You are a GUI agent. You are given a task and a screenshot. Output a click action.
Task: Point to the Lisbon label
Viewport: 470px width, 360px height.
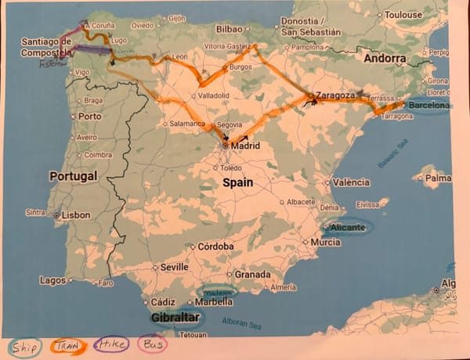(76, 214)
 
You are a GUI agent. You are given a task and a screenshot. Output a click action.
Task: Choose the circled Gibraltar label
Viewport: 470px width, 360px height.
(175, 317)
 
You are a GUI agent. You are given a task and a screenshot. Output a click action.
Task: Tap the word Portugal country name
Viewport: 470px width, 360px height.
(73, 176)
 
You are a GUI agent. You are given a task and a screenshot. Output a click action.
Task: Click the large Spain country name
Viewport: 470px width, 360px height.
(239, 182)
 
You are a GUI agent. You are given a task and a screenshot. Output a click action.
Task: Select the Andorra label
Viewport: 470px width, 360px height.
(385, 58)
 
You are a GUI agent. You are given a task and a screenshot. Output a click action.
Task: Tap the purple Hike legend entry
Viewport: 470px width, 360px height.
(112, 345)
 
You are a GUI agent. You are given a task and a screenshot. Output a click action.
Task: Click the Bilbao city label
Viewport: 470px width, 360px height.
(229, 29)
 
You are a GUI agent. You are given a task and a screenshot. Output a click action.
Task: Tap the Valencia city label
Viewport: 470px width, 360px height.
(351, 182)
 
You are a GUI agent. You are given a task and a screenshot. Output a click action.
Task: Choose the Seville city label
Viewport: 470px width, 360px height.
(173, 266)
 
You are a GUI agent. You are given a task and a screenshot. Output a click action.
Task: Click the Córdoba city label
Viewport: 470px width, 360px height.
(216, 247)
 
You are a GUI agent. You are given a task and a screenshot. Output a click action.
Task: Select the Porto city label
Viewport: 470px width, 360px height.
(90, 117)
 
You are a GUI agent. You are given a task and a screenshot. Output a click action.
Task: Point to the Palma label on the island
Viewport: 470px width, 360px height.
(439, 178)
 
